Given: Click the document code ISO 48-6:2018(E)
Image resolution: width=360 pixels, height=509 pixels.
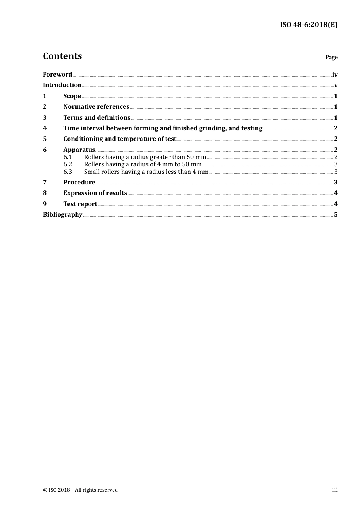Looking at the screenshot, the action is coord(308,25).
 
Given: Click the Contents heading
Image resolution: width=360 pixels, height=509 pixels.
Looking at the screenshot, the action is coord(62,56).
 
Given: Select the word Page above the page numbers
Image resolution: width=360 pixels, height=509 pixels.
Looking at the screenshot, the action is coord(331,57).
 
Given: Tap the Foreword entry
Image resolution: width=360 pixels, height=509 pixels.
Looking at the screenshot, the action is coord(57,74).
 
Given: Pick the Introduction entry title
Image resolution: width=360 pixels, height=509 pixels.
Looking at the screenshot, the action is coord(62,85).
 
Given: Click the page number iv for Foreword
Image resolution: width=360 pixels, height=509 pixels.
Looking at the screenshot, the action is coord(335,74).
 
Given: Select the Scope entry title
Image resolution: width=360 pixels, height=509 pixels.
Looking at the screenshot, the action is coord(72,96).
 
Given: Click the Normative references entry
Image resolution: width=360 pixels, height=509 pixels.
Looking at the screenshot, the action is coord(96,106).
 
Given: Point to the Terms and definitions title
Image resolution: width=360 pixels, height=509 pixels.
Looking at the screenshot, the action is coord(97,117).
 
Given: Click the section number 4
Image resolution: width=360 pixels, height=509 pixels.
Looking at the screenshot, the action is coord(45,128).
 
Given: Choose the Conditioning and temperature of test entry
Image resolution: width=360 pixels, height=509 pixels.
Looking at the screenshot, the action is coord(120,139).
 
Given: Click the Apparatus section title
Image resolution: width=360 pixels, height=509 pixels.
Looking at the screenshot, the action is coord(79,150).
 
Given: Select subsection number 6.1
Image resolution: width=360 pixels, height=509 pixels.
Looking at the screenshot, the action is coord(67,157).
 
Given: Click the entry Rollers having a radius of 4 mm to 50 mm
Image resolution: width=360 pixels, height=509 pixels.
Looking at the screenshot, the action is coord(143,164).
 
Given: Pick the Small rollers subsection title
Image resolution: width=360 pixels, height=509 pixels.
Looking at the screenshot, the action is coord(146,172).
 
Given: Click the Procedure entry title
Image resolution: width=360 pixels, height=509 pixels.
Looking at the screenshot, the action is coord(79,182).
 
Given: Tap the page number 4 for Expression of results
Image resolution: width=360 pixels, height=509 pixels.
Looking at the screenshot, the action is coord(335,193).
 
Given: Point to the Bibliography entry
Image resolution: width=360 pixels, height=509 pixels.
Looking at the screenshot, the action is coord(63,214).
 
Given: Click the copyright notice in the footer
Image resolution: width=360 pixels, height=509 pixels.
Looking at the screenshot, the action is coord(80,490).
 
